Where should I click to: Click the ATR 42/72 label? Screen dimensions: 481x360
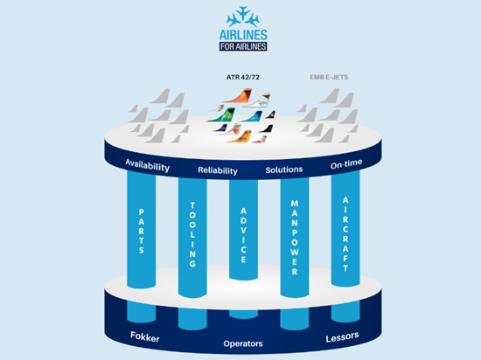(242, 77)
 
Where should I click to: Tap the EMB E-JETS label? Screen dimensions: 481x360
(329, 77)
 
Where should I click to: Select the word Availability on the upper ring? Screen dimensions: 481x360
(148, 165)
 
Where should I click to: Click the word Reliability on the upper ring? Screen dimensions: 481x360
(218, 170)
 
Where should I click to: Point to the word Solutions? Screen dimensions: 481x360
(284, 170)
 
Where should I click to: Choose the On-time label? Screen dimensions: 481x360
(346, 164)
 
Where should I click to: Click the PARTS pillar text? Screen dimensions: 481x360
(141, 232)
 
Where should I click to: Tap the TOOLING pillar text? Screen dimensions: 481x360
(192, 234)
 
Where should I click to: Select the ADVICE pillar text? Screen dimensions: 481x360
(243, 235)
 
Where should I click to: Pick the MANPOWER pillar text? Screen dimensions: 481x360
(295, 238)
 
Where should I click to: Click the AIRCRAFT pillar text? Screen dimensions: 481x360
(345, 234)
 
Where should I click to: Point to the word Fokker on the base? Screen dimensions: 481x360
(145, 336)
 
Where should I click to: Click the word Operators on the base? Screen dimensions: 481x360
(243, 343)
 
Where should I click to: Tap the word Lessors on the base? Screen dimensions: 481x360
(342, 337)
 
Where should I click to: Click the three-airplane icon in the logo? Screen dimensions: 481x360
(243, 17)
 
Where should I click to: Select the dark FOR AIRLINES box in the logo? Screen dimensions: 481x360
(243, 46)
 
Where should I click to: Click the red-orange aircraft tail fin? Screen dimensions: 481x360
(238, 95)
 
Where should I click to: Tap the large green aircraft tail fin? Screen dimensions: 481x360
(221, 114)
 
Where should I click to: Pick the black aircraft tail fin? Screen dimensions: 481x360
(266, 128)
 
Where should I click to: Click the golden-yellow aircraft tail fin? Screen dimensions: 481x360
(240, 136)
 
